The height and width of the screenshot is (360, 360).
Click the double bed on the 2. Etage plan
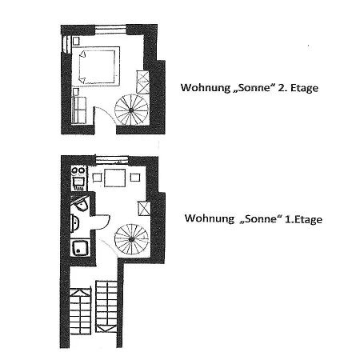click(x=98, y=66)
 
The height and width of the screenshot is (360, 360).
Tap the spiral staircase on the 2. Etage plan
click(x=131, y=110)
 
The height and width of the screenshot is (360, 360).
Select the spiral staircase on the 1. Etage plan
click(x=131, y=239)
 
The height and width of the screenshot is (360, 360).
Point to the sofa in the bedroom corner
click(x=79, y=110)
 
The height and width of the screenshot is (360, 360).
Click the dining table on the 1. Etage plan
click(x=114, y=178)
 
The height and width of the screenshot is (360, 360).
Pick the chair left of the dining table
click(x=97, y=178)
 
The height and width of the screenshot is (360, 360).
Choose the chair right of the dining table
click(x=135, y=178)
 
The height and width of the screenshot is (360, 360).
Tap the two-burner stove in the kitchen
click(x=78, y=170)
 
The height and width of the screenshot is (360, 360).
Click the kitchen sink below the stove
click(x=78, y=183)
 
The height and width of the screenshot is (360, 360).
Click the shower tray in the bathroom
click(x=80, y=248)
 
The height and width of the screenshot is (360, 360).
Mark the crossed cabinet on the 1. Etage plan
click(x=144, y=209)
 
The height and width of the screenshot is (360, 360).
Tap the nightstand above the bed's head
click(x=76, y=41)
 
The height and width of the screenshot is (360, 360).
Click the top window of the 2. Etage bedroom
click(x=110, y=30)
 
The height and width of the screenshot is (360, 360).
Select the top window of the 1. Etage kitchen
click(x=112, y=161)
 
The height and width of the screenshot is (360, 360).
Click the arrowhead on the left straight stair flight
click(x=80, y=293)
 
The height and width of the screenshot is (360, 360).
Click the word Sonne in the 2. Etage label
click(x=254, y=87)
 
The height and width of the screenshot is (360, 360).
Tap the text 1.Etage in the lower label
click(x=303, y=219)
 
